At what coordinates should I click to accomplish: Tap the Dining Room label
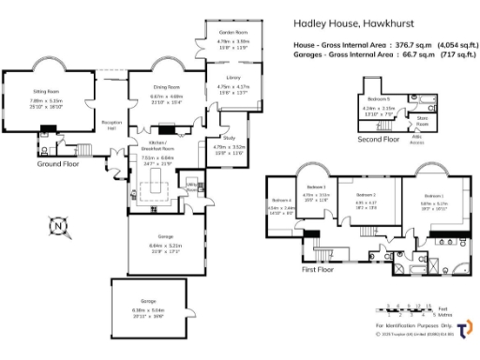coord(167,87)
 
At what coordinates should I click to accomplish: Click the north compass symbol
coord(58,225)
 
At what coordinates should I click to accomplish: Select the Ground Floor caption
coord(57,163)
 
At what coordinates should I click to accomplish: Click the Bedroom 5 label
coord(378,98)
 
